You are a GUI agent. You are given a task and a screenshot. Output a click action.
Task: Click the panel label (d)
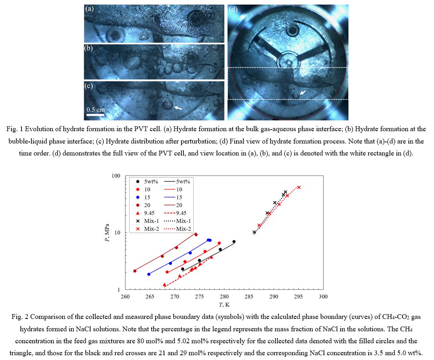pyautogui.click(x=233, y=9)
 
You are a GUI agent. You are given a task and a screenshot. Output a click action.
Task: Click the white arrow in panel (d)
pyautogui.click(x=303, y=92)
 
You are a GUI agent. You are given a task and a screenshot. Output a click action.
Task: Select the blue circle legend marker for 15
pyautogui.click(x=138, y=197)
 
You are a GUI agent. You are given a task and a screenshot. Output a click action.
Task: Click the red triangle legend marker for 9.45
pyautogui.click(x=138, y=213)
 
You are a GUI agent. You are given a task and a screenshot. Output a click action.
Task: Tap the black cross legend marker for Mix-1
pyautogui.click(x=138, y=221)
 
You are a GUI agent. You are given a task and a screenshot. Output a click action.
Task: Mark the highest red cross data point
pyautogui.click(x=299, y=187)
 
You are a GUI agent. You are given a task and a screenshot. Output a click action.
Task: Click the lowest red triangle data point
pyautogui.click(x=164, y=285)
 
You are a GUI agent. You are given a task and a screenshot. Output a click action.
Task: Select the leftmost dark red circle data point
pyautogui.click(x=135, y=271)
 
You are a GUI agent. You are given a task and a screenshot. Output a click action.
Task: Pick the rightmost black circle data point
pyautogui.click(x=234, y=242)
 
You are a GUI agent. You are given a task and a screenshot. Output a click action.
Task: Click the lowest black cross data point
pyautogui.click(x=254, y=232)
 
